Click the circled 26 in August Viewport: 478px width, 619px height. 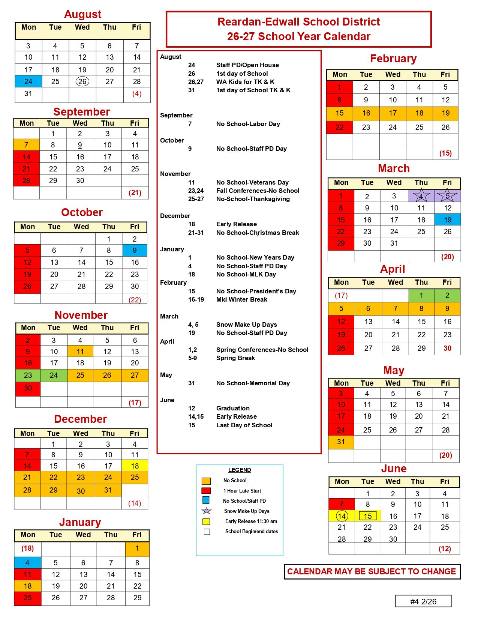coord(82,81)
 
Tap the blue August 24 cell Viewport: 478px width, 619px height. coord(28,81)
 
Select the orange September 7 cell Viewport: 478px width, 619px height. coord(26,145)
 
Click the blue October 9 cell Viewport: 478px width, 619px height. coord(135,250)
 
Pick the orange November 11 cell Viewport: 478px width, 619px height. coord(80,352)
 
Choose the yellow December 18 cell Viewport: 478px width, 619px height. coord(135,466)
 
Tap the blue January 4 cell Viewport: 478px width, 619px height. coord(27,563)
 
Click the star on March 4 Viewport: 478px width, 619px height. coord(421,196)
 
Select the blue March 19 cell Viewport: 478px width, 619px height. coord(448,220)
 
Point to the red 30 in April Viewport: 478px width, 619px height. coord(447,348)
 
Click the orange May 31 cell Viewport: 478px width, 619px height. coord(341,442)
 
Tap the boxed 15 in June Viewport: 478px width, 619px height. coord(368,516)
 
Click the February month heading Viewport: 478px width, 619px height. coord(393,59)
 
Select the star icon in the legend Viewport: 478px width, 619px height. coord(207,511)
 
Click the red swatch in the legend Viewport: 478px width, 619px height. coord(206,491)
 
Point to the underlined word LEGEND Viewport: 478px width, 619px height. coord(240,470)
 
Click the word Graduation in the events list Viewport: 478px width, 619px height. coord(233,408)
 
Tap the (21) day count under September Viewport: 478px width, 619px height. coord(135,193)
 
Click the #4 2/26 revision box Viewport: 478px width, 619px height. coord(423,601)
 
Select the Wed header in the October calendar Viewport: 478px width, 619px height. coord(81,227)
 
